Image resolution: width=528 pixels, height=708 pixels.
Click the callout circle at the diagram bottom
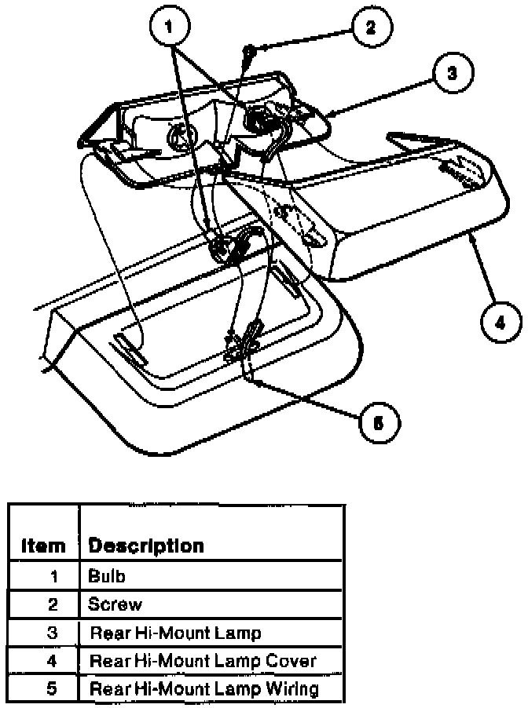click(x=379, y=423)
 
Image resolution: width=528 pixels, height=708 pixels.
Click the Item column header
click(x=42, y=546)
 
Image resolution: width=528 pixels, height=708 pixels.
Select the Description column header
click(x=146, y=546)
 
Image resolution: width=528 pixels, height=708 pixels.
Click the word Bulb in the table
click(x=107, y=576)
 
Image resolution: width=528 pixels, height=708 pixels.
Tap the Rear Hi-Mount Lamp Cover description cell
click(x=203, y=660)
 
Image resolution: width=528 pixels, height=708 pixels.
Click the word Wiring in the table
click(x=291, y=689)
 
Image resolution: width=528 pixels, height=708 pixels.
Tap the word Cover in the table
click(x=293, y=660)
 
